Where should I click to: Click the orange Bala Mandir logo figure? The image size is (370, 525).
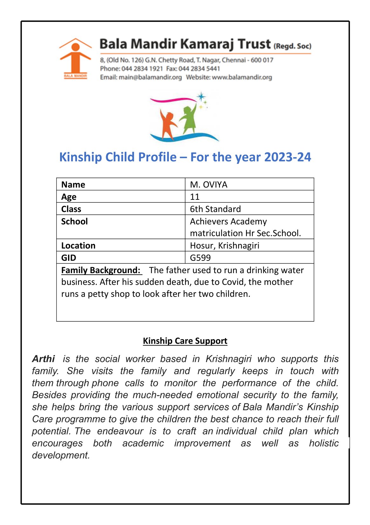pos(75,57)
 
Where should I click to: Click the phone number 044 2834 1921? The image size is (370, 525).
pos(142,69)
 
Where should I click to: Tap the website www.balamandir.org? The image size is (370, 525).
pos(242,77)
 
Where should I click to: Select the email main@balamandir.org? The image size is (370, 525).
pos(150,77)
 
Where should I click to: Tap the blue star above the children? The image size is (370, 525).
pos(201,97)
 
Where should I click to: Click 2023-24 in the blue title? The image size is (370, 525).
pos(287,157)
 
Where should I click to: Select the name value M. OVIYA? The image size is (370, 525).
pos(209,185)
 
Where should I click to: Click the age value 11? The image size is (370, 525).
pos(195,197)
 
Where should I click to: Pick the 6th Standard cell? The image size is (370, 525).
pos(215,209)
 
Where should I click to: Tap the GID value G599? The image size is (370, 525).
pos(200,258)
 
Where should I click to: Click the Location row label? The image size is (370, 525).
pos(78,246)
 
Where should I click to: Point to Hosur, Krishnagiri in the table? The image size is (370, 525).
pos(224,246)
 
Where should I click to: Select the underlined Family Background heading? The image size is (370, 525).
pos(101,270)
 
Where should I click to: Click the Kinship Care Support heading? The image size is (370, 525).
pos(185,341)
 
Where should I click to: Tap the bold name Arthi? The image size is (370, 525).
pos(44,359)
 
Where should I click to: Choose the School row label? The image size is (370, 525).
pos(74,221)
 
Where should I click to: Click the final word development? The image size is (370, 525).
pos(61,455)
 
